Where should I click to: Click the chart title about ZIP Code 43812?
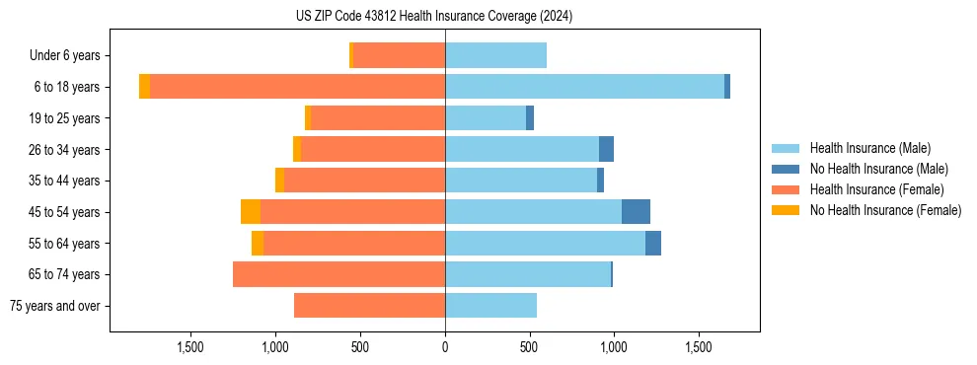tap(433, 16)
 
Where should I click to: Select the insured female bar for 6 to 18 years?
tap(297, 87)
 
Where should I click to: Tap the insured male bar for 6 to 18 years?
tap(584, 87)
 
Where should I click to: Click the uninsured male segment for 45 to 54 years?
tap(636, 212)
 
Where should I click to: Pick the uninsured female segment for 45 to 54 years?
tap(251, 212)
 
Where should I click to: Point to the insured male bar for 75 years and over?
tap(490, 306)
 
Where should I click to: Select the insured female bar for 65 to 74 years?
tap(338, 274)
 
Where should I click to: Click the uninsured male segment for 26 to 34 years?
tap(606, 149)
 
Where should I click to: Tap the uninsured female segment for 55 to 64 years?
tap(258, 244)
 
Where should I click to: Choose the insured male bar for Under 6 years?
tap(495, 55)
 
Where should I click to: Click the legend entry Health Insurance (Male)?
tap(869, 148)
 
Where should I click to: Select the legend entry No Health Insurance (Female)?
tap(885, 210)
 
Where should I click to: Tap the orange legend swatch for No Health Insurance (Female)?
tap(786, 210)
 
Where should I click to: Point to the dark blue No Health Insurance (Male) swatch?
tap(786, 169)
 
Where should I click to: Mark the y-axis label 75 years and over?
tap(54, 306)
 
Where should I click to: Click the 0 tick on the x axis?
tap(445, 347)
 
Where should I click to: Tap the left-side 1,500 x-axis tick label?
tap(190, 347)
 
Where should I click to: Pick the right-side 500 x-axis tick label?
tap(529, 347)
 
